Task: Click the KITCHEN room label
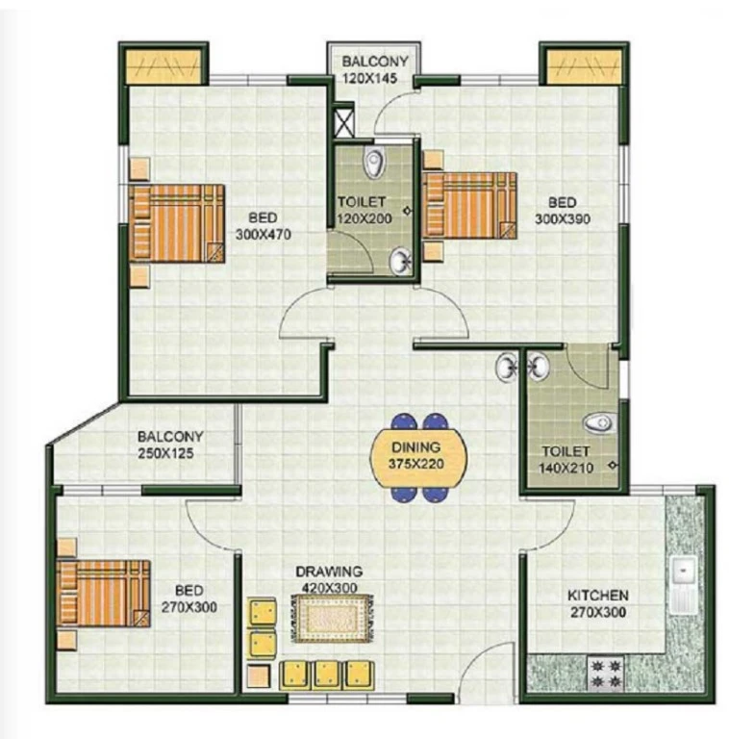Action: click(x=597, y=596)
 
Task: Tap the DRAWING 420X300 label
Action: click(x=329, y=579)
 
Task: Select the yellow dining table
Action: click(x=418, y=457)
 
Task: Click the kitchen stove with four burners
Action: click(x=606, y=674)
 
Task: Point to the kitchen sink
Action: click(x=683, y=584)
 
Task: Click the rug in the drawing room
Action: click(x=332, y=619)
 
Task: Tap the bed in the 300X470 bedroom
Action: click(x=177, y=223)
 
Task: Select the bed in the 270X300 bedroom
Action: click(x=103, y=594)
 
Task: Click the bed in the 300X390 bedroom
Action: click(x=469, y=205)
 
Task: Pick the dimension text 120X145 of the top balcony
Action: click(x=369, y=78)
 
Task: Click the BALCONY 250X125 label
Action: click(x=170, y=445)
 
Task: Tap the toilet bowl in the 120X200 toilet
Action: click(x=374, y=163)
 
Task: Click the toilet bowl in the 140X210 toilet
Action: click(x=599, y=422)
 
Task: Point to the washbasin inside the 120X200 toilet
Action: click(x=401, y=261)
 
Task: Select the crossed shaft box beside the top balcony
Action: click(x=343, y=122)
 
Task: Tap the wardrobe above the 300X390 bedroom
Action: click(x=583, y=65)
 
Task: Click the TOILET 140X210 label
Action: click(x=566, y=460)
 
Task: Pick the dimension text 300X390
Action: click(x=563, y=219)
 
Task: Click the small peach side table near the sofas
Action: click(x=259, y=675)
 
